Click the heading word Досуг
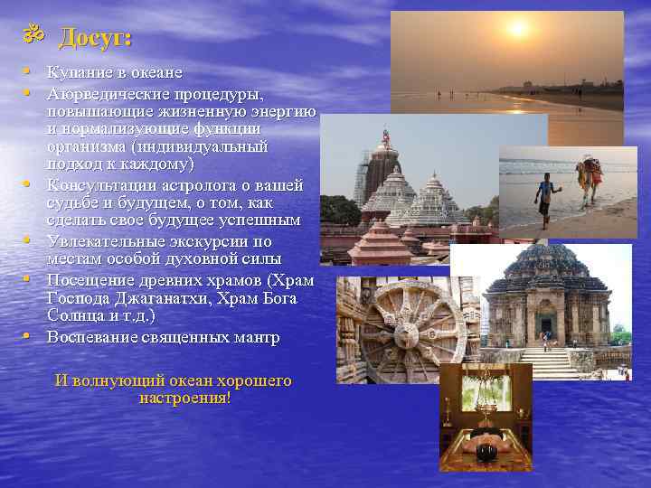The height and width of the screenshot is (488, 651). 95,39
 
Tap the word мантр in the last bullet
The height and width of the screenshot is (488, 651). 257,337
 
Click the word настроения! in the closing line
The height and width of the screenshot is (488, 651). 185,397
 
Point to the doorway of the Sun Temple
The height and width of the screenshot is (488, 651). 546,324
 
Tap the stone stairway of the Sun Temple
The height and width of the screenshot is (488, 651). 547,361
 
